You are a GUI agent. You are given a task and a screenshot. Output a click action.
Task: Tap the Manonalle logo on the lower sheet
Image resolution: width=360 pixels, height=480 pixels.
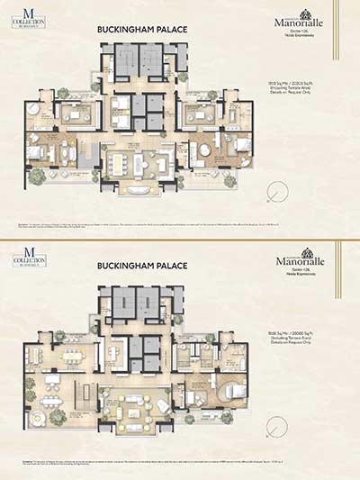[x=298, y=259]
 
